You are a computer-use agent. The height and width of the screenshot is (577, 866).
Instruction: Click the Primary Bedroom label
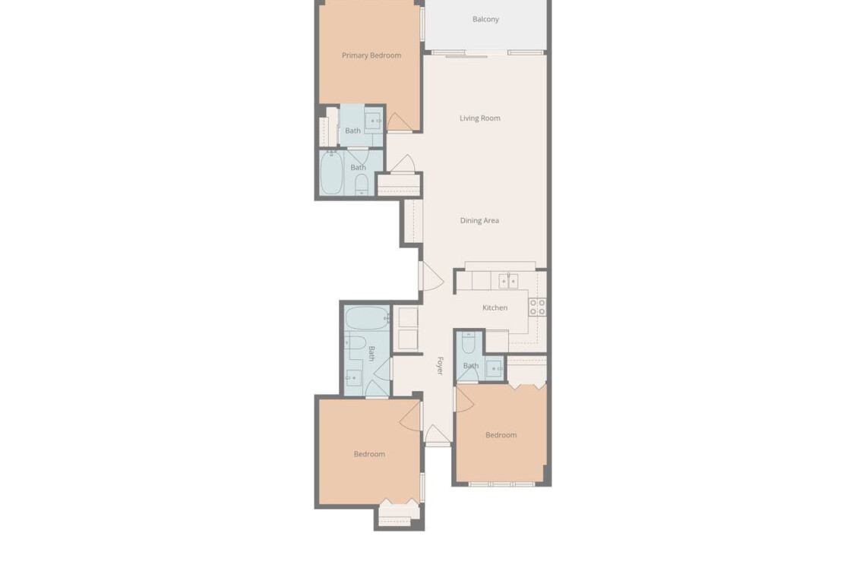tap(371, 55)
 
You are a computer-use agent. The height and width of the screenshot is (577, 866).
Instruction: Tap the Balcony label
tap(485, 19)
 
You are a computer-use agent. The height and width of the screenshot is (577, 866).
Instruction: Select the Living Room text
tap(480, 118)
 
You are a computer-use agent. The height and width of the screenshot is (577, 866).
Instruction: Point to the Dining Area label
tap(479, 220)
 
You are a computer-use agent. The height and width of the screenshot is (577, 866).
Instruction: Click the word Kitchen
tap(495, 307)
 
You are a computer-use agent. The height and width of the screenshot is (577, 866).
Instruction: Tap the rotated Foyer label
tap(440, 365)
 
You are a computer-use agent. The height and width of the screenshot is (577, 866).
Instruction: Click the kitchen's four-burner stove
tap(537, 307)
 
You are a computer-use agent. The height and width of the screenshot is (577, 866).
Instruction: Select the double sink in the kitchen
tap(509, 281)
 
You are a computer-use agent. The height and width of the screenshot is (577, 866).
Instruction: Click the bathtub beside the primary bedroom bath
tap(332, 173)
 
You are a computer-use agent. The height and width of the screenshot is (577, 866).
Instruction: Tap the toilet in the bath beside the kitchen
tap(469, 343)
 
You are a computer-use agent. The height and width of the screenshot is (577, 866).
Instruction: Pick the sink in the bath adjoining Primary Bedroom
tap(373, 121)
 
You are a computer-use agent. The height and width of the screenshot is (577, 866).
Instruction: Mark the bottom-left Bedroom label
tap(369, 454)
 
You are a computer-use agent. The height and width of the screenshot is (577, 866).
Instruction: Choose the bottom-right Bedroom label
tap(501, 435)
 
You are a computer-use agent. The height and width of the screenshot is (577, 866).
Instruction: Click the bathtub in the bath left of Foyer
tap(367, 319)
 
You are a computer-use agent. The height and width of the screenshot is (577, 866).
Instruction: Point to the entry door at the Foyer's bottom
tap(438, 434)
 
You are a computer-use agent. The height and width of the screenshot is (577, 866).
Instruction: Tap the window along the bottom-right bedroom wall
tap(502, 484)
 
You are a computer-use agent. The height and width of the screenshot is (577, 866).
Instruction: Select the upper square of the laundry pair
tap(408, 317)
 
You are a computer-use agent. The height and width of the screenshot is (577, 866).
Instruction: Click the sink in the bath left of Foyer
tap(353, 378)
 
